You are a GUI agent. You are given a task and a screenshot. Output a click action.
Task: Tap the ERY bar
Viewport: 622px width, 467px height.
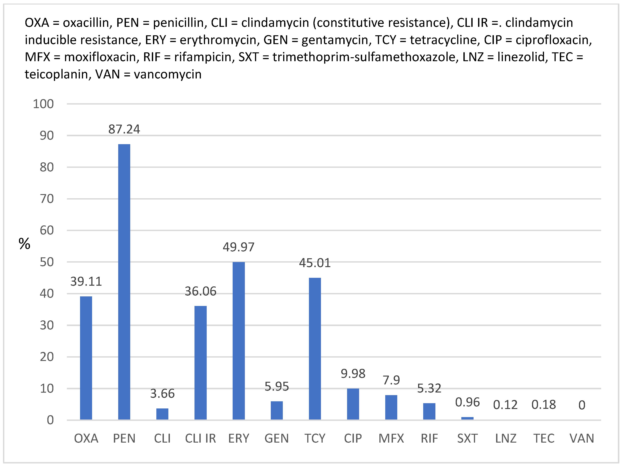[x=238, y=341]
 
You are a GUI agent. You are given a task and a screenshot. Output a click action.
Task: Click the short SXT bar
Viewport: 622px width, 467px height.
[x=467, y=418]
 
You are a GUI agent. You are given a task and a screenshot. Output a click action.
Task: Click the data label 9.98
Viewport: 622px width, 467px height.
[x=353, y=374]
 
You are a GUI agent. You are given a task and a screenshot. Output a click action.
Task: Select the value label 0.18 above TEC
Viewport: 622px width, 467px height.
[x=544, y=405]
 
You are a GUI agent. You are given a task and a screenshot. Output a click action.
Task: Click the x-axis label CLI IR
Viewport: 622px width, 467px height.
[x=201, y=438]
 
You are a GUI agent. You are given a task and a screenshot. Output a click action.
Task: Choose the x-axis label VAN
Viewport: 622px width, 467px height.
[x=582, y=438]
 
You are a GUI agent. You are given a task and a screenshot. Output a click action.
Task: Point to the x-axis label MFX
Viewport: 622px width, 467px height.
[x=391, y=438]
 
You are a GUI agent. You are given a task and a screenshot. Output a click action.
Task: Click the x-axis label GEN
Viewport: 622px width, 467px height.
[x=277, y=438]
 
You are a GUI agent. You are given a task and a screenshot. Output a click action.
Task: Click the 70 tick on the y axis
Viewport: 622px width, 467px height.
[x=47, y=199]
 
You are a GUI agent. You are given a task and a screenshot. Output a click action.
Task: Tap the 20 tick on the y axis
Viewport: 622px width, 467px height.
[x=47, y=357]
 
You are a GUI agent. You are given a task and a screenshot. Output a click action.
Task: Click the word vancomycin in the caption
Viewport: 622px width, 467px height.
[x=168, y=74]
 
